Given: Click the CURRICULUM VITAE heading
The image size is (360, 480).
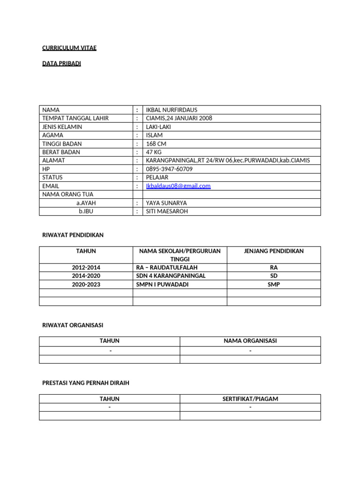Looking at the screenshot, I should (x=69, y=48).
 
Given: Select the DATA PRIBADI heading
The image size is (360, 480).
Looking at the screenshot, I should (x=61, y=63).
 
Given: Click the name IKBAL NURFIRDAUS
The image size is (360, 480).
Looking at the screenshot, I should (x=172, y=110).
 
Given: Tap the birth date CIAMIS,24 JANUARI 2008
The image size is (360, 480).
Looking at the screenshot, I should (x=179, y=118).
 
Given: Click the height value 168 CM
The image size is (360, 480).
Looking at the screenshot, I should (x=156, y=143).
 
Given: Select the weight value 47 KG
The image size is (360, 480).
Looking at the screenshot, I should (x=154, y=152).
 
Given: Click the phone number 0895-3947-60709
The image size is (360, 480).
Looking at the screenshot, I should (x=169, y=169).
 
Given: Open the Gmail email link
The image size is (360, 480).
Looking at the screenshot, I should (x=178, y=186).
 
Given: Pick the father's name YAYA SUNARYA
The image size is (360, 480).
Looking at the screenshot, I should (x=166, y=202).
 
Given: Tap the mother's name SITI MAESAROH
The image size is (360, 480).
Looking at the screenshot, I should (x=168, y=211).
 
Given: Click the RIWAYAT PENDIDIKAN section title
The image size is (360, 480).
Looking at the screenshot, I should (x=73, y=234).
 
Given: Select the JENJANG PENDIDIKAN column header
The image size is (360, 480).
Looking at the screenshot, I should (x=274, y=251).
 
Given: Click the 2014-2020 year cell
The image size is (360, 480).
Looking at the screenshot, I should (x=86, y=276).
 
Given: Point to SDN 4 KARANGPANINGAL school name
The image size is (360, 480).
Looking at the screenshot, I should (x=171, y=276).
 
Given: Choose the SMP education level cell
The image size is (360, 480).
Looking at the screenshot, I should (x=274, y=284).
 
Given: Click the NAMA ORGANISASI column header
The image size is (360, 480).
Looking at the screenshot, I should (x=250, y=341).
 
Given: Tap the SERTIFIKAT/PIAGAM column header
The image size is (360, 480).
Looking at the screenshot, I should (x=250, y=399).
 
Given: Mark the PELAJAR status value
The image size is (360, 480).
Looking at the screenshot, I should (x=157, y=177).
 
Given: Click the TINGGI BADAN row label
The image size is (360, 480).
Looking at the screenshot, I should (x=61, y=143).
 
